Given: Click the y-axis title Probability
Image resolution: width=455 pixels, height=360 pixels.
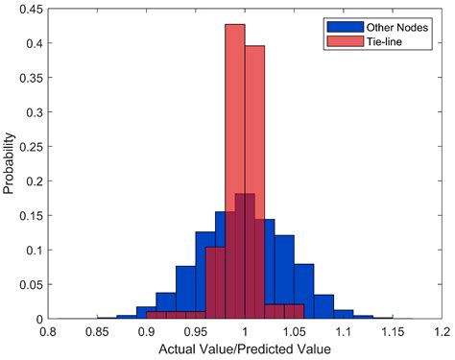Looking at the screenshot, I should [x=10, y=164].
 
